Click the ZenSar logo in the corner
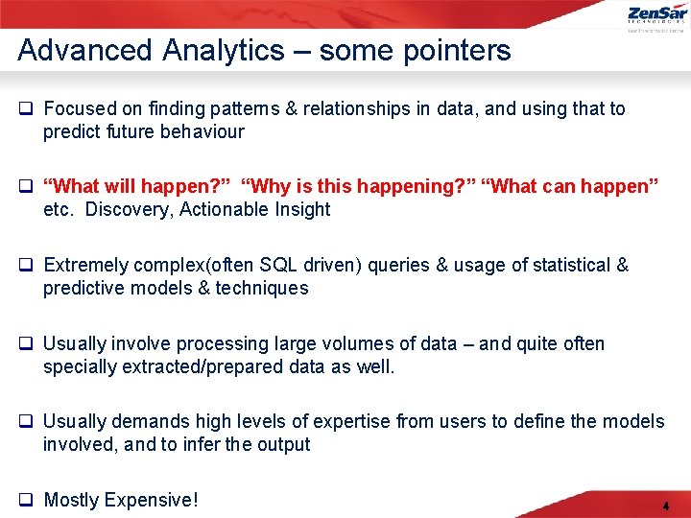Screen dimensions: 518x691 pos(656,15)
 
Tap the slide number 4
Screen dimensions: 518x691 pos(665,506)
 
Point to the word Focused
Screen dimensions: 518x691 pos(81,108)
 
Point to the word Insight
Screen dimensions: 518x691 pos(299,209)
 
